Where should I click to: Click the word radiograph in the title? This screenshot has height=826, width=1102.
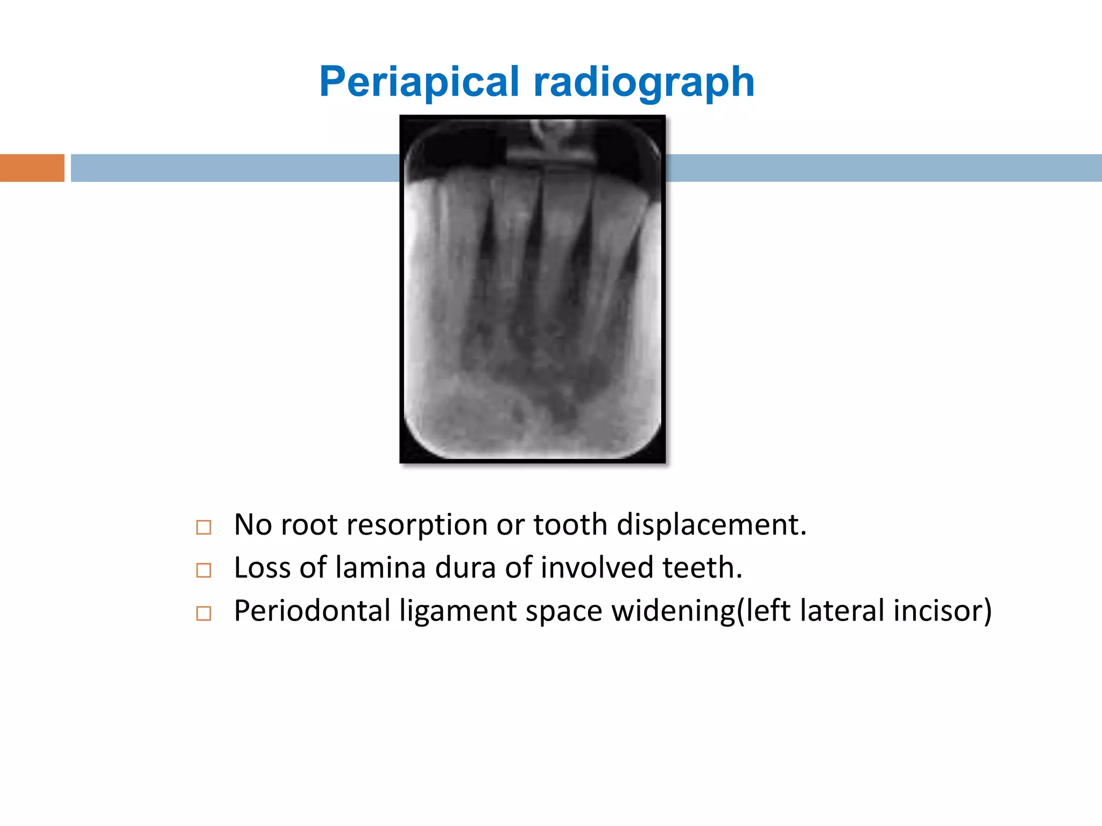pos(644,82)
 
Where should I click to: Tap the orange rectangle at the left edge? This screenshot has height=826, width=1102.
pos(32,168)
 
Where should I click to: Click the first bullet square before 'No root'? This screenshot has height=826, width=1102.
pos(203,527)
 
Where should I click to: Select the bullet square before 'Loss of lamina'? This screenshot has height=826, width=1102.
pos(203,570)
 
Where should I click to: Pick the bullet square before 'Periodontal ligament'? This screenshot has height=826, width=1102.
pos(203,613)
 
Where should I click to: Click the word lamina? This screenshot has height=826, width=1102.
pos(380,568)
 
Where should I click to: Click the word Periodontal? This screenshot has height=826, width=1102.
pos(312,611)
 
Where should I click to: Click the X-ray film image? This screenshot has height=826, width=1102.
pos(532,289)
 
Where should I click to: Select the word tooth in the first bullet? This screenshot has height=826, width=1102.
pos(570,525)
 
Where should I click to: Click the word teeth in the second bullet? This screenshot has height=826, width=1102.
pos(702,568)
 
